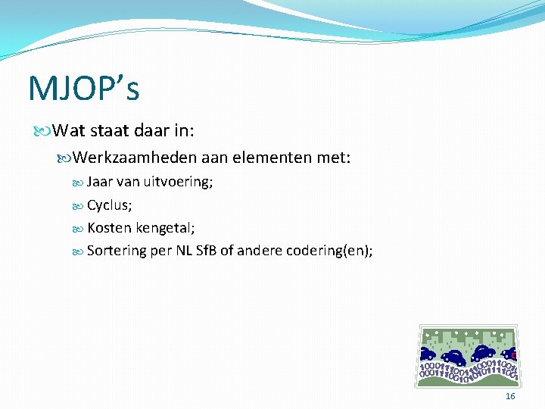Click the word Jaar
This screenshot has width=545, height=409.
click(x=101, y=182)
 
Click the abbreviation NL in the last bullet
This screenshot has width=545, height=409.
click(x=184, y=251)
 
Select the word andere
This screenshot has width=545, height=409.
click(x=259, y=251)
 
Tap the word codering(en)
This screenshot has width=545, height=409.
click(x=329, y=251)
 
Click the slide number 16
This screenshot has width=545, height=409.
click(x=510, y=397)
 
